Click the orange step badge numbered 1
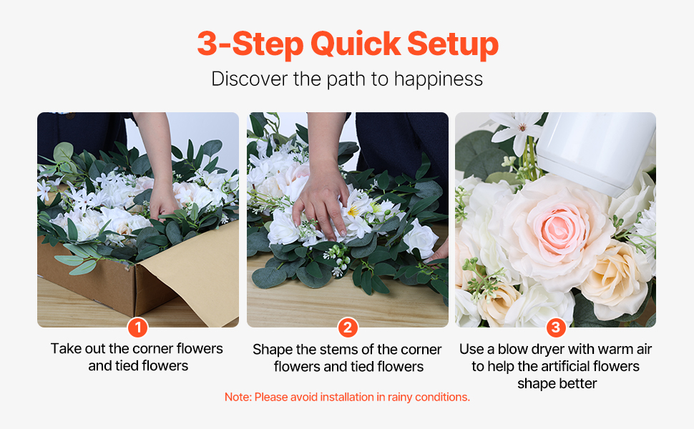[137, 327]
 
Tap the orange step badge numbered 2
[348, 327]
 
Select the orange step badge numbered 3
[556, 327]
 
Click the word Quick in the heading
[356, 44]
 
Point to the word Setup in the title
[453, 44]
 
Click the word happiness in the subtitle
[438, 79]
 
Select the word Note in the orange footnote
[238, 397]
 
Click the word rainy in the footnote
[400, 398]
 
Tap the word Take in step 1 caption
[67, 348]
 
